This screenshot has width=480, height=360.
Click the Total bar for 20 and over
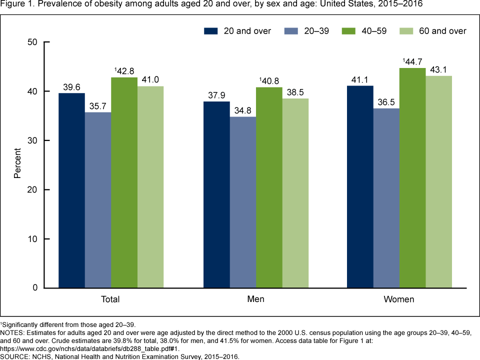[71, 190]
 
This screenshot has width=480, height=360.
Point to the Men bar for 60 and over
[295, 193]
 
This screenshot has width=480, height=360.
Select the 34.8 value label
[242, 110]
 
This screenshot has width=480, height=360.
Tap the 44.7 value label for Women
[412, 61]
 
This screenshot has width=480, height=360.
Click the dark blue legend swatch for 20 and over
[211, 31]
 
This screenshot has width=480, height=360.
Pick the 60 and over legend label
[442, 31]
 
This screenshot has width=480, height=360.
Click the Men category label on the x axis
[255, 299]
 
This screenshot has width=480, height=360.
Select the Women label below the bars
[399, 299]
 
